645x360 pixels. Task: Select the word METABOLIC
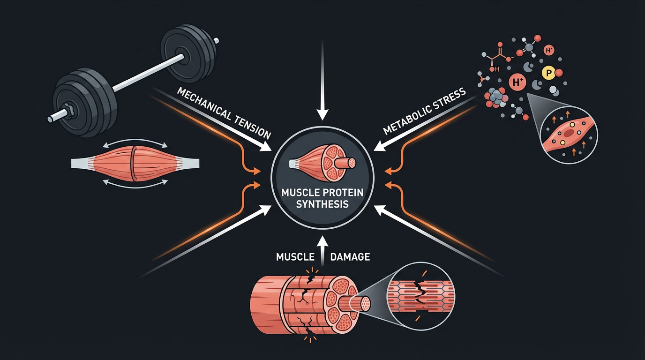click(405, 120)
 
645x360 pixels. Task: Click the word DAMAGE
click(350, 256)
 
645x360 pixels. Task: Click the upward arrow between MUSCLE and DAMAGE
click(322, 251)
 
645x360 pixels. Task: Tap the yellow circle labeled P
click(547, 73)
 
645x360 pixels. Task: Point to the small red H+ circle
click(548, 50)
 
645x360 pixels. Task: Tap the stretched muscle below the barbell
click(135, 162)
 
